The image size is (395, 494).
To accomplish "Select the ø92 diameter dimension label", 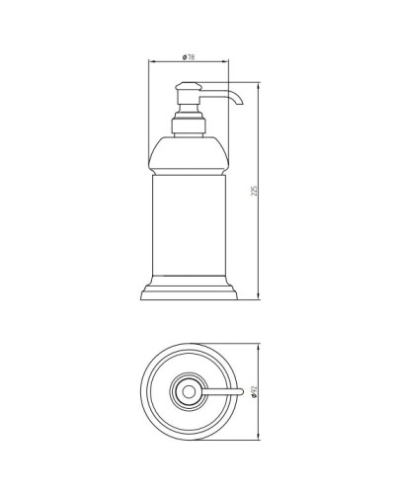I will (x=256, y=393).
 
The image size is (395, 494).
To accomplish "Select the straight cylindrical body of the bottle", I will (x=188, y=217).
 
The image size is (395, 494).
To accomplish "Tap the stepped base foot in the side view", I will (x=188, y=289).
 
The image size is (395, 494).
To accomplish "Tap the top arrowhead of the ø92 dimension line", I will (x=260, y=346).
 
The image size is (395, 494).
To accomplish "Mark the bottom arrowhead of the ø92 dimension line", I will (x=260, y=439).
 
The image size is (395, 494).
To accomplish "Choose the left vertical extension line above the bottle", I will (x=149, y=99).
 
